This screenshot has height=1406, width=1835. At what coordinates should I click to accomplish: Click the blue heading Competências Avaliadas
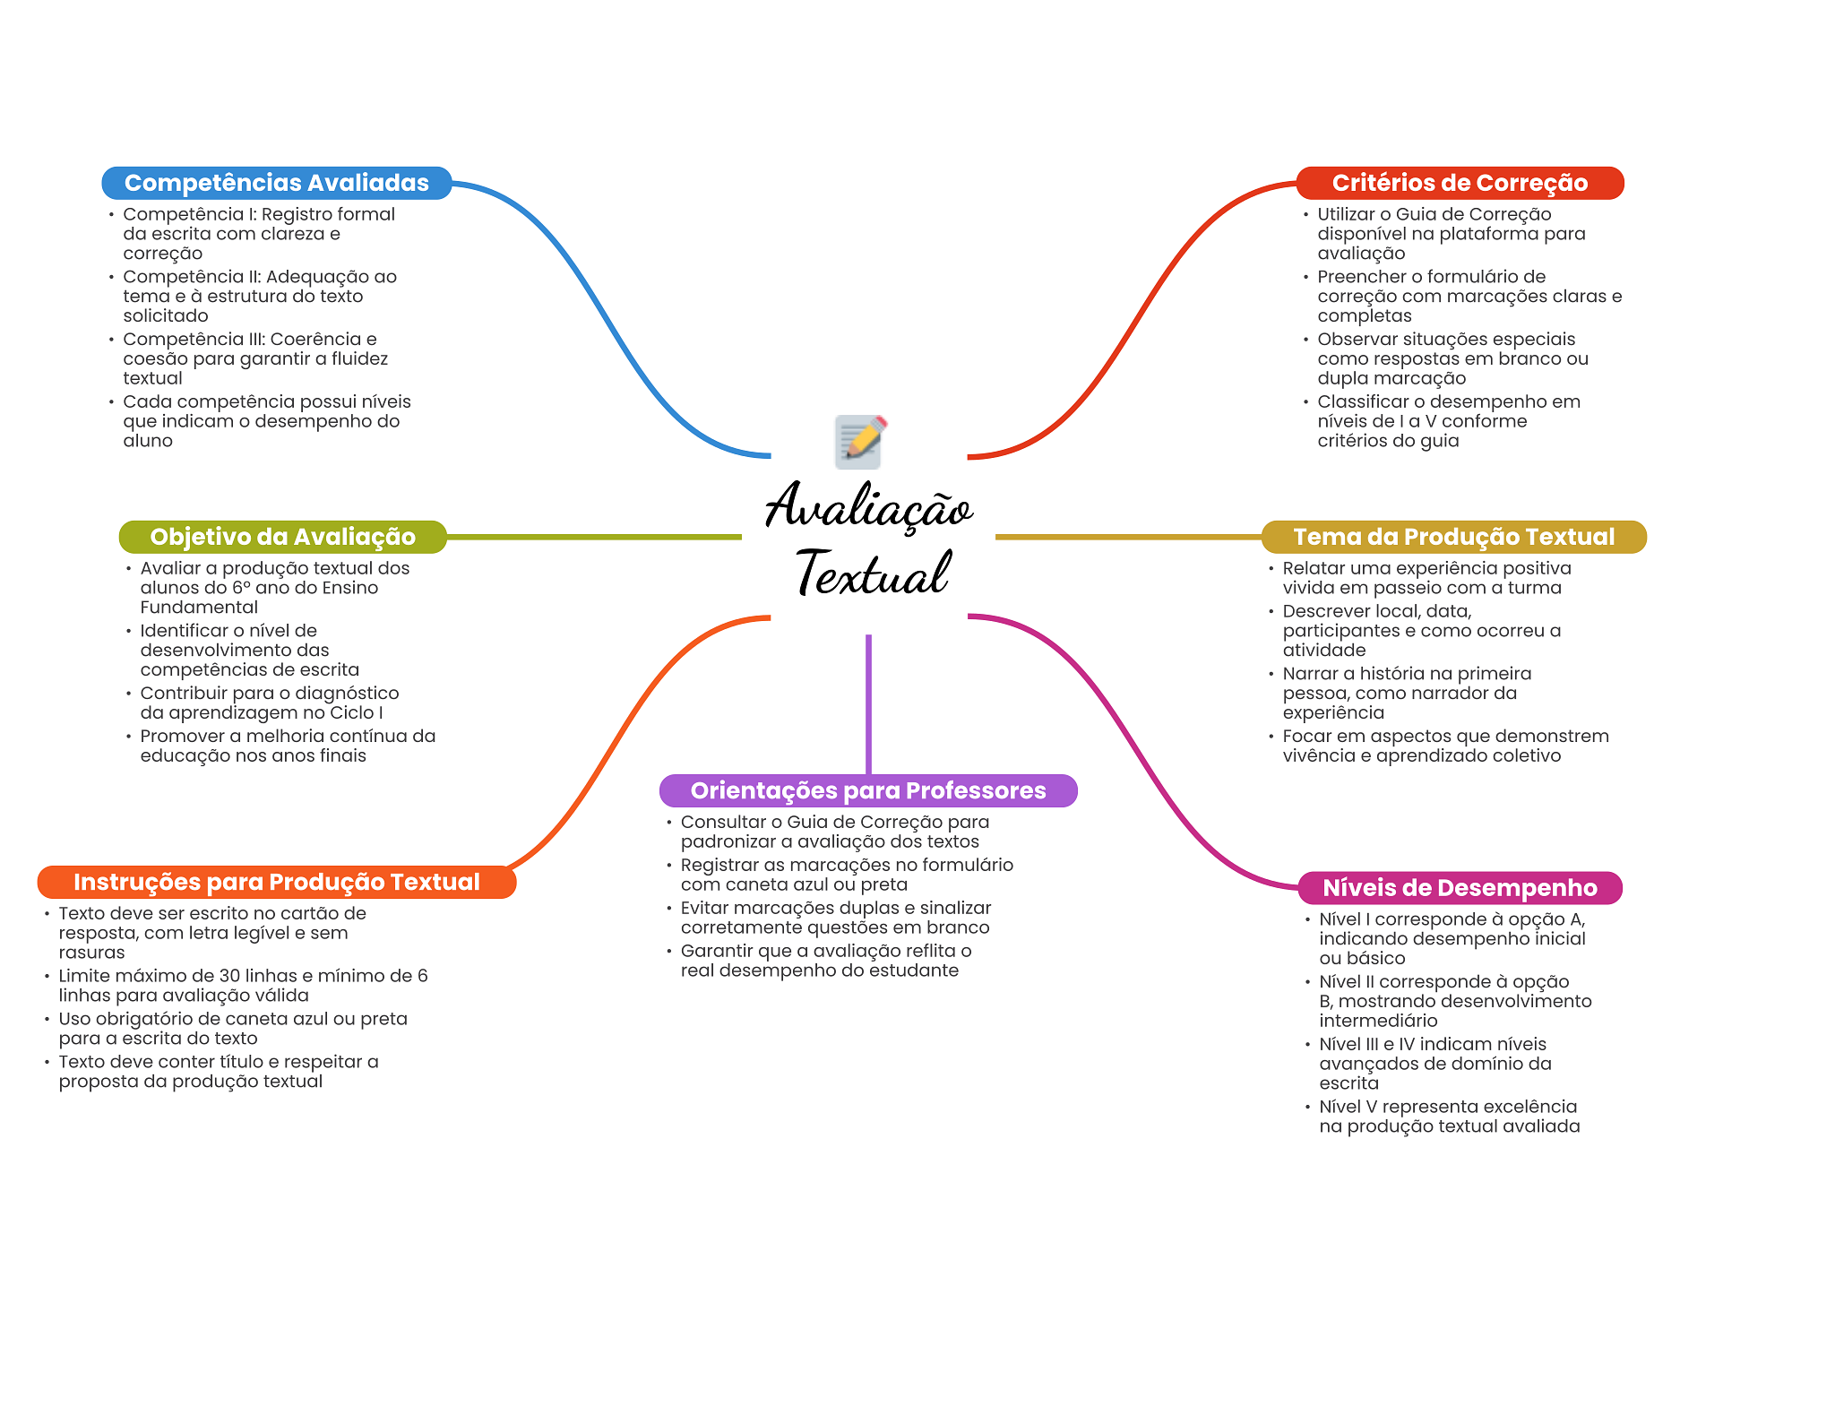[x=276, y=183]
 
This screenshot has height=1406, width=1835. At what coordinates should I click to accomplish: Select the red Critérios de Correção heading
[x=1459, y=183]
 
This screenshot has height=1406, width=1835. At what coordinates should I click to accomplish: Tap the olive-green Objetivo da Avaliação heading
[x=282, y=537]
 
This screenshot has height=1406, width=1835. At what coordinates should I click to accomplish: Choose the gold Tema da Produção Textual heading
[x=1453, y=537]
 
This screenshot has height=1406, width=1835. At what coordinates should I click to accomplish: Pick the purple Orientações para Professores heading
[x=867, y=790]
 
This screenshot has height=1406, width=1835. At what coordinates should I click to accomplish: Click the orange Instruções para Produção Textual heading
[x=276, y=882]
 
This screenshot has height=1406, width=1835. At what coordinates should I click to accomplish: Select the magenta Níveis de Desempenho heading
[x=1460, y=888]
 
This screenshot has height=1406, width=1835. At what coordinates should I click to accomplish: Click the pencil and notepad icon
[x=860, y=441]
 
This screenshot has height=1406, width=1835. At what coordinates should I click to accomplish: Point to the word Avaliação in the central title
[x=868, y=507]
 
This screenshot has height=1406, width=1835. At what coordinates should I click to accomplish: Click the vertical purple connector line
[x=868, y=703]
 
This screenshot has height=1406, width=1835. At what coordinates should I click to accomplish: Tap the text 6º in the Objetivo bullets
[x=241, y=588]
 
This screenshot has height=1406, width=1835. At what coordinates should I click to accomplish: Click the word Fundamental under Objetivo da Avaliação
[x=199, y=608]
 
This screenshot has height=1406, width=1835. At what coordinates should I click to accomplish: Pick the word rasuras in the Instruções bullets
[x=91, y=953]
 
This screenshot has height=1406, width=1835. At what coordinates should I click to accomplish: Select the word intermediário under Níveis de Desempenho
[x=1378, y=1021]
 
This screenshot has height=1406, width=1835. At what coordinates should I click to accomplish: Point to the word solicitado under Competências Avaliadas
[x=166, y=315]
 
